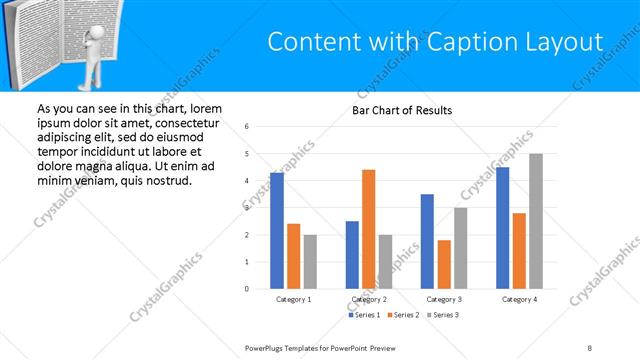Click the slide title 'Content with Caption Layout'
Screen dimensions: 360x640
click(x=436, y=42)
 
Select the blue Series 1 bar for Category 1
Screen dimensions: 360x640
click(x=277, y=230)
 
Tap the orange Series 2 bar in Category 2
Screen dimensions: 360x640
click(x=369, y=229)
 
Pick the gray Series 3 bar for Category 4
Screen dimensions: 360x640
click(x=536, y=221)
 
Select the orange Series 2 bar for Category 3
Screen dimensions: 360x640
click(x=444, y=264)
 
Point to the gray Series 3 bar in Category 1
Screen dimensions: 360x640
click(x=310, y=261)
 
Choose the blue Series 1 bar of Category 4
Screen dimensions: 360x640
click(x=503, y=227)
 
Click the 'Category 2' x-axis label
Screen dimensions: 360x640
click(x=369, y=299)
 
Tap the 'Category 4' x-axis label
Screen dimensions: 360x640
click(x=519, y=299)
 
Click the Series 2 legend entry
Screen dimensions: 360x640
click(x=405, y=315)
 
